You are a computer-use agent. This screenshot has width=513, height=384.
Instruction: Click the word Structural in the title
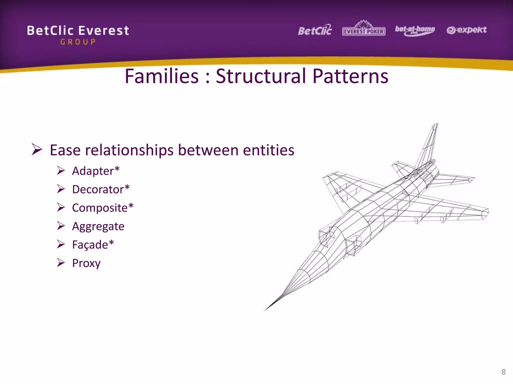[x=261, y=76]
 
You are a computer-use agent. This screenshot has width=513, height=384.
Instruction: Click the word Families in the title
[x=162, y=76]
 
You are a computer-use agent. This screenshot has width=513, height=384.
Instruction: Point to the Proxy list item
[x=86, y=263]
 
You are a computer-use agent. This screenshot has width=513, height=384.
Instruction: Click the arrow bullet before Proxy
[x=61, y=262]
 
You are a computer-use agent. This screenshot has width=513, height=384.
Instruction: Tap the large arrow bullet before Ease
[x=37, y=149]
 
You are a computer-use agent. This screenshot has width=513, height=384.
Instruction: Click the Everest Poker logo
[x=363, y=29]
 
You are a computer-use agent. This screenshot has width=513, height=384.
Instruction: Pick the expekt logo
[x=466, y=30]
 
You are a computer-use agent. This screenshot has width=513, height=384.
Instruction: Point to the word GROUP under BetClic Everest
[x=78, y=42]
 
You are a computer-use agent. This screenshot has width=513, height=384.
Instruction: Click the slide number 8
[x=503, y=372]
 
